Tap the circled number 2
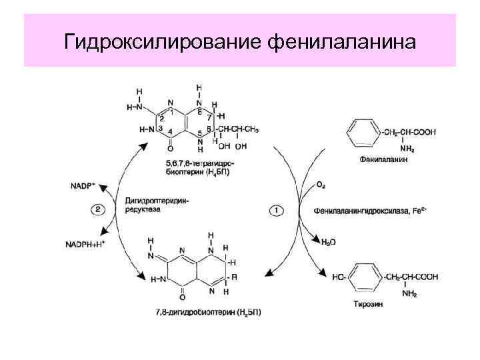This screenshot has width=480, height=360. pos(99,209)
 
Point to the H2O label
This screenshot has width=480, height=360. pos(328,242)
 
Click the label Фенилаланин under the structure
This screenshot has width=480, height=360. pos(383,160)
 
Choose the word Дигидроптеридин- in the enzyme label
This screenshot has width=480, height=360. pos(152,201)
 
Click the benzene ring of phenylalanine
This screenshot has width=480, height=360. pos(363,133)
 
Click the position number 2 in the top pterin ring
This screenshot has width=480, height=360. pos(161,118)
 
